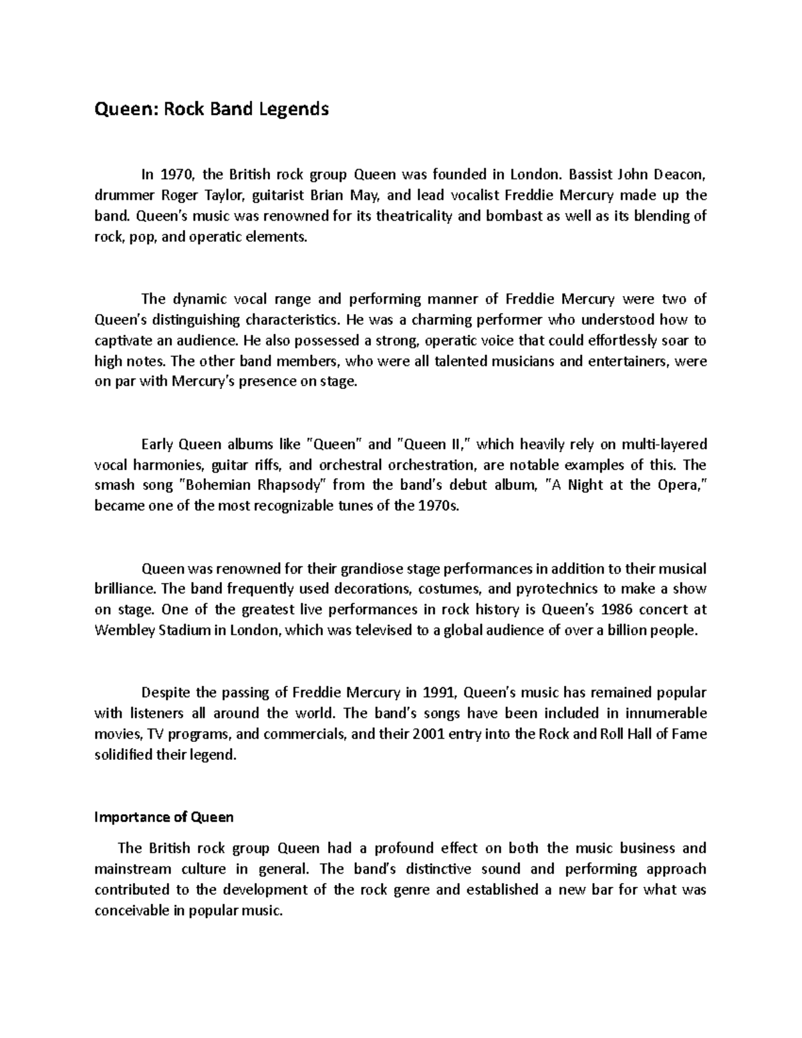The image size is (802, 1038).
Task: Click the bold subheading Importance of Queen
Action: point(164,817)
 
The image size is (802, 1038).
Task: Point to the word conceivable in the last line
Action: point(132,911)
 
